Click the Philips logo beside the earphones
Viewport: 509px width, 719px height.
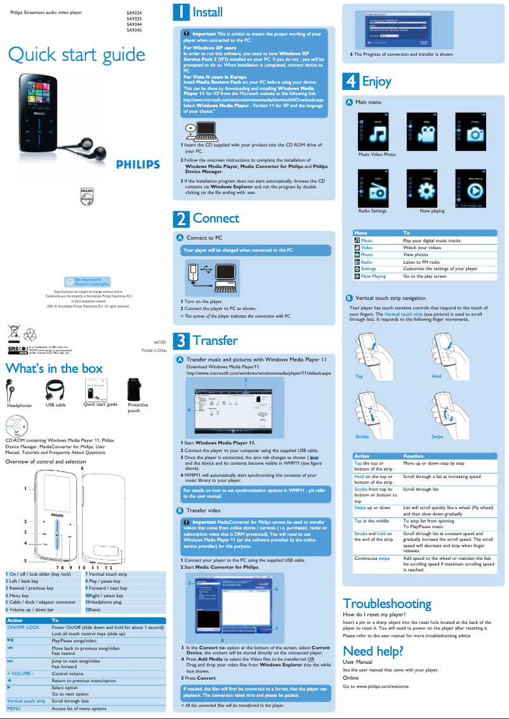[x=138, y=165]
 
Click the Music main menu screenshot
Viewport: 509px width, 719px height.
[x=377, y=131]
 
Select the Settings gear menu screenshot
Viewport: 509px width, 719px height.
[x=425, y=188]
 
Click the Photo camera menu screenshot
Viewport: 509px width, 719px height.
[x=474, y=131]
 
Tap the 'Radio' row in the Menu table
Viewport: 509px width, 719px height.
[x=366, y=262]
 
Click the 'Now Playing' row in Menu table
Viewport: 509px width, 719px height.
[x=373, y=276]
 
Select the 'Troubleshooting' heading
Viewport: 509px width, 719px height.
[x=387, y=603]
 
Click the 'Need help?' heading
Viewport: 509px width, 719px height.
[x=373, y=651]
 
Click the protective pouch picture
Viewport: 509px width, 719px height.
[x=133, y=389]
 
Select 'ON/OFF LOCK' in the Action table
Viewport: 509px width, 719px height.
[x=23, y=627]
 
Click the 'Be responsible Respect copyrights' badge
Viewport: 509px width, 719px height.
[x=87, y=282]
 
